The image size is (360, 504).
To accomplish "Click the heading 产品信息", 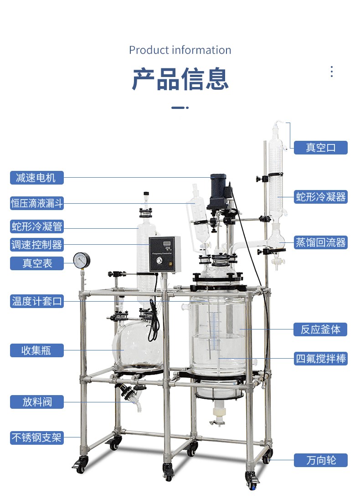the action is (x=180, y=79).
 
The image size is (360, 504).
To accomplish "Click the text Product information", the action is (x=180, y=50).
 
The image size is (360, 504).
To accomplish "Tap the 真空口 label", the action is (x=320, y=148).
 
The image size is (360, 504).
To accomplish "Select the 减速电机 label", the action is (x=36, y=178).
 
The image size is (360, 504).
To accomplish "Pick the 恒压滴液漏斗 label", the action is (x=36, y=203).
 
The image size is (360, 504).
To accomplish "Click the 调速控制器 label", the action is (x=36, y=245).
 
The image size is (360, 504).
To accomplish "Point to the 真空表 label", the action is (x=36, y=263).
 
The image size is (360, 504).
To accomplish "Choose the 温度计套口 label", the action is (x=36, y=301).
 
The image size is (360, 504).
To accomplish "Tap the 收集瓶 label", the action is (x=36, y=350).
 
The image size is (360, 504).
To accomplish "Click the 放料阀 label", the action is (x=36, y=402).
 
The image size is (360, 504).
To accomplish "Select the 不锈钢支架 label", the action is (x=36, y=437).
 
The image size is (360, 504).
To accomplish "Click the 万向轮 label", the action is (x=320, y=460).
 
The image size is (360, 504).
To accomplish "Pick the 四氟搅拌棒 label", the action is (x=320, y=358).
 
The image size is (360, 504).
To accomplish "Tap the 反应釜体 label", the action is (x=320, y=329).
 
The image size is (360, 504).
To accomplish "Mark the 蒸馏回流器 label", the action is (x=320, y=242).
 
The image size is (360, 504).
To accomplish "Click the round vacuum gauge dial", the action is (x=82, y=260).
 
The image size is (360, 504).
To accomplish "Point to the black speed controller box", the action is (x=165, y=254).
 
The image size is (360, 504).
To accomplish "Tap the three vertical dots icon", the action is (x=332, y=72).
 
